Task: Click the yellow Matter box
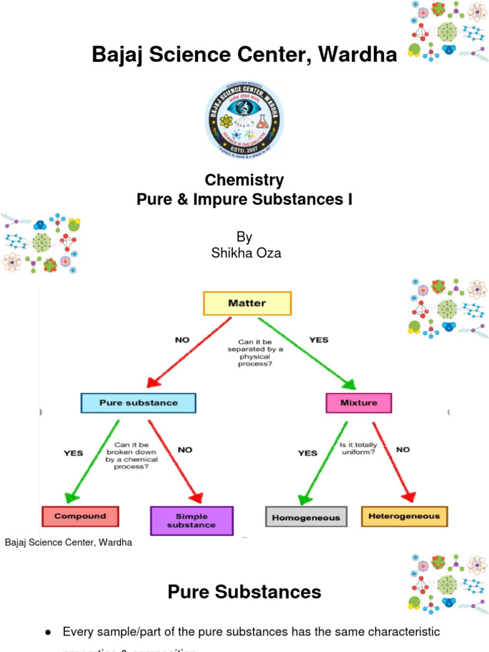tap(247, 304)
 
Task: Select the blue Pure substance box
tap(138, 403)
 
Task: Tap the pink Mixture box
tap(358, 403)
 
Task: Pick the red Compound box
tap(80, 516)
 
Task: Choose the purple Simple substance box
tap(192, 520)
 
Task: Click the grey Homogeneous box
tap(306, 517)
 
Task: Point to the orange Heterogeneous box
tap(404, 516)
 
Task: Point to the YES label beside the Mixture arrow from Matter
tap(319, 340)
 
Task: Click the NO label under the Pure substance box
tap(185, 450)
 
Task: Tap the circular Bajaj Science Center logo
tap(244, 120)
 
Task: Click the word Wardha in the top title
tap(360, 55)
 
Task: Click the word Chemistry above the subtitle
tap(244, 180)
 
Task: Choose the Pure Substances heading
tap(244, 592)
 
